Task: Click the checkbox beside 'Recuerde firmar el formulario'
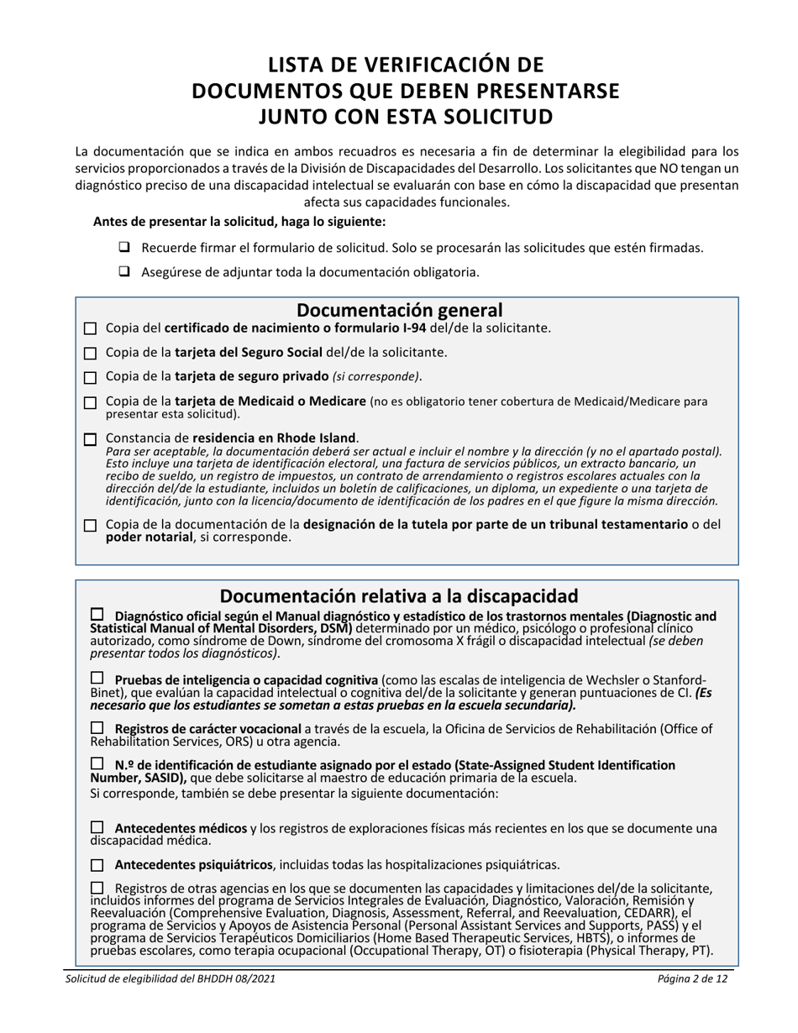pyautogui.click(x=123, y=248)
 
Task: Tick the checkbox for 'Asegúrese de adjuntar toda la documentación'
pyautogui.click(x=123, y=272)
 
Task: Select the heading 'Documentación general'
pyautogui.click(x=400, y=310)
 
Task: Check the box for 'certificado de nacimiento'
pyautogui.click(x=91, y=328)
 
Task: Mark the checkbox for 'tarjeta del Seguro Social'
pyautogui.click(x=91, y=353)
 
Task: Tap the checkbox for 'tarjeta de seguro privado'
pyautogui.click(x=91, y=376)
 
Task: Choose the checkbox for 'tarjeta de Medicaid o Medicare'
pyautogui.click(x=91, y=403)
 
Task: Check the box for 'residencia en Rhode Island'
pyautogui.click(x=91, y=439)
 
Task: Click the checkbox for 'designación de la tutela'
pyautogui.click(x=91, y=526)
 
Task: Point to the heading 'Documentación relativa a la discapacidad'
pyautogui.click(x=399, y=596)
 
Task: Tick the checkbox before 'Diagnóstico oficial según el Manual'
pyautogui.click(x=97, y=616)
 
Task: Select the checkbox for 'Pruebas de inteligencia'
pyautogui.click(x=97, y=679)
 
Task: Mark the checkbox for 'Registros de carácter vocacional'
pyautogui.click(x=97, y=727)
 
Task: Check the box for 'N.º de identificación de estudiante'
pyautogui.click(x=97, y=764)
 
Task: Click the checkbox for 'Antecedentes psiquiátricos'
pyautogui.click(x=97, y=864)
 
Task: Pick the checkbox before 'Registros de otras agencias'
pyautogui.click(x=97, y=888)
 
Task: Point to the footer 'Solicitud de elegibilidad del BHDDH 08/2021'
pyautogui.click(x=170, y=979)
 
